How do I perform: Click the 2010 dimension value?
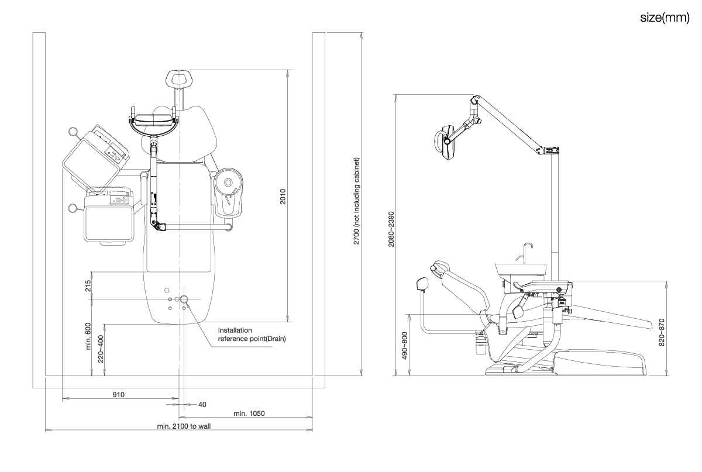(282, 196)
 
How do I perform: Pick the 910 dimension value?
(119, 394)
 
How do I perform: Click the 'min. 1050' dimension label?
(249, 414)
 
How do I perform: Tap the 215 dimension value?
(88, 286)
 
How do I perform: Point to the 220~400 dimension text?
(101, 349)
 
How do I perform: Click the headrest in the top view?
(180, 77)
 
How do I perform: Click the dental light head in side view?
(446, 140)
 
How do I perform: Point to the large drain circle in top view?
(184, 299)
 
